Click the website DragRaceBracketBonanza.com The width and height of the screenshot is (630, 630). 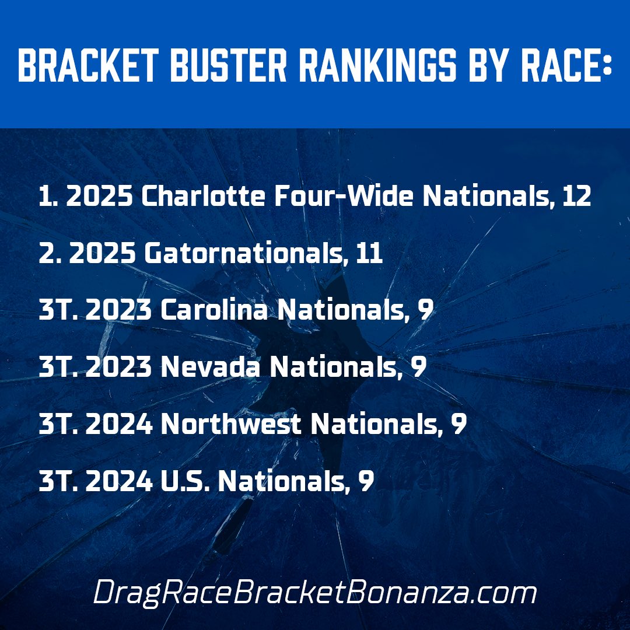click(314, 593)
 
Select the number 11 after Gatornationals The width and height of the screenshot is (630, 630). click(367, 254)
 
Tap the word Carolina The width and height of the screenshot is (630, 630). click(214, 311)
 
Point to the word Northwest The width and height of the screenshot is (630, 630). click(231, 424)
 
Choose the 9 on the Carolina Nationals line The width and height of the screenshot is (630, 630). click(426, 311)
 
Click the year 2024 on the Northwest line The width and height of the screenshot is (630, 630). click(120, 424)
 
